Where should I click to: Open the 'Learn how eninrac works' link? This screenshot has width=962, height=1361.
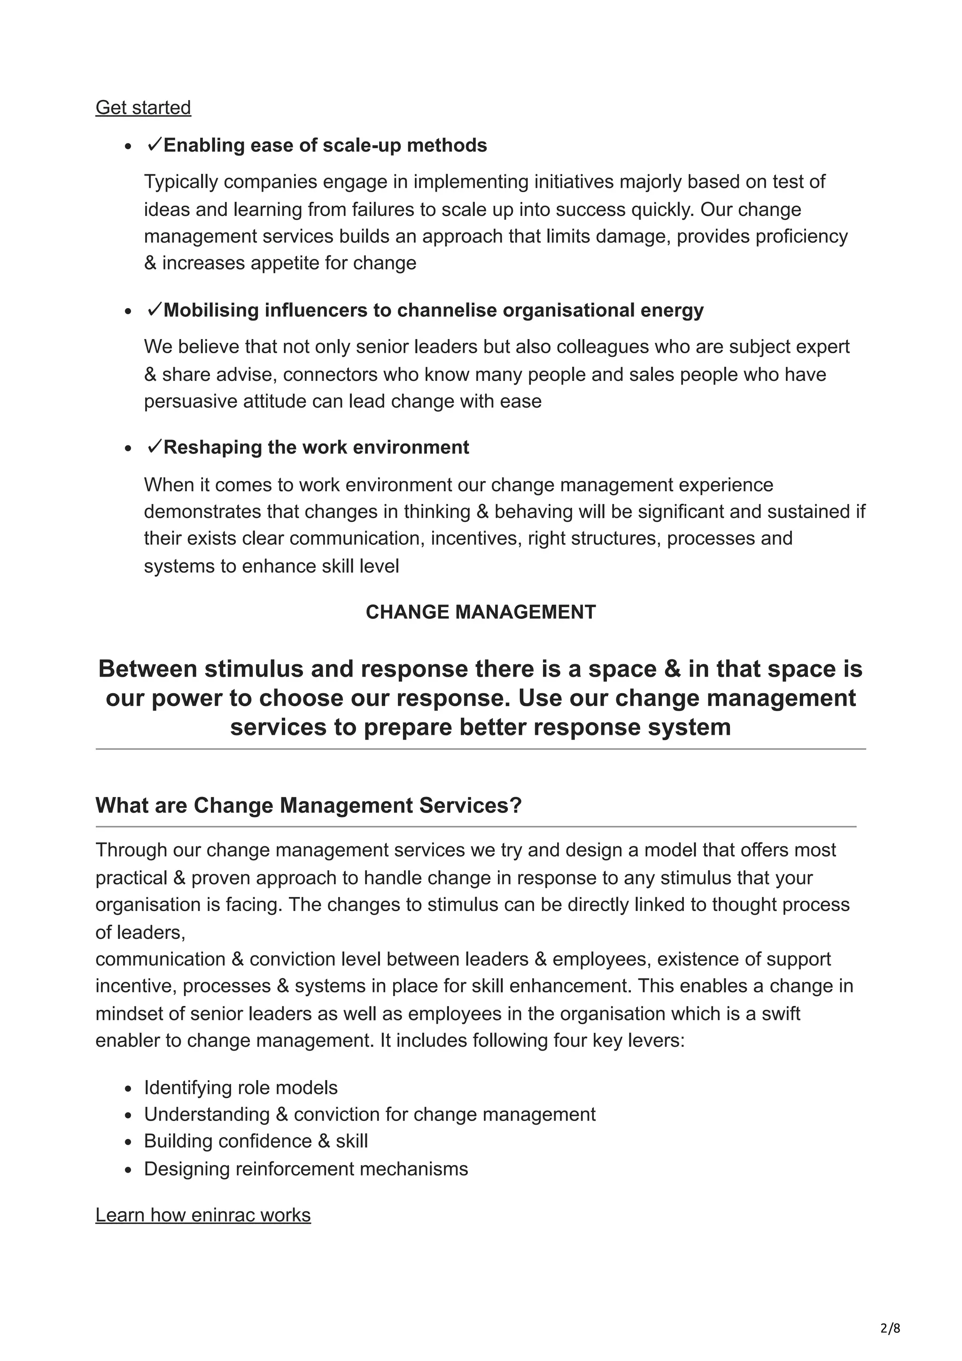[203, 1214]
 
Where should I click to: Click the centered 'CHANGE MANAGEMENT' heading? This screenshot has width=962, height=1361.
[480, 612]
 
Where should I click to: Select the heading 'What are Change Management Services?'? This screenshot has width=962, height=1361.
[308, 805]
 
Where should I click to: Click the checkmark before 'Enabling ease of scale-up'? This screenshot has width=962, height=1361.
[154, 144]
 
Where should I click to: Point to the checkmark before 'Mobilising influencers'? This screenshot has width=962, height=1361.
[154, 309]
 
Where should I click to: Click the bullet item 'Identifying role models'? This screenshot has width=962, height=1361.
[240, 1087]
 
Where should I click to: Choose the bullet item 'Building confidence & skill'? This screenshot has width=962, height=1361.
[256, 1140]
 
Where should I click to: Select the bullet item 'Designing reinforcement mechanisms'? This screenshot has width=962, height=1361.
[306, 1168]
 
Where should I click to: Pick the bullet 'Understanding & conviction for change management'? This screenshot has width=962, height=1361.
[369, 1114]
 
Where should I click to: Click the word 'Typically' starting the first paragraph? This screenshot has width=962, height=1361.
[181, 181]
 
